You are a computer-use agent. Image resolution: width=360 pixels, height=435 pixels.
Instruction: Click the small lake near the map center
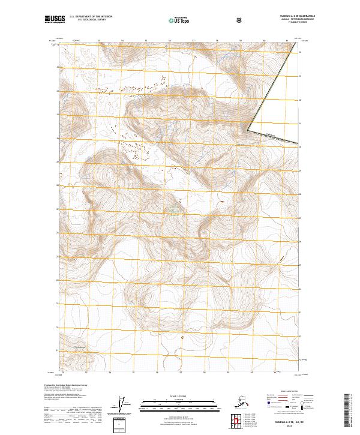tap(173, 209)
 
